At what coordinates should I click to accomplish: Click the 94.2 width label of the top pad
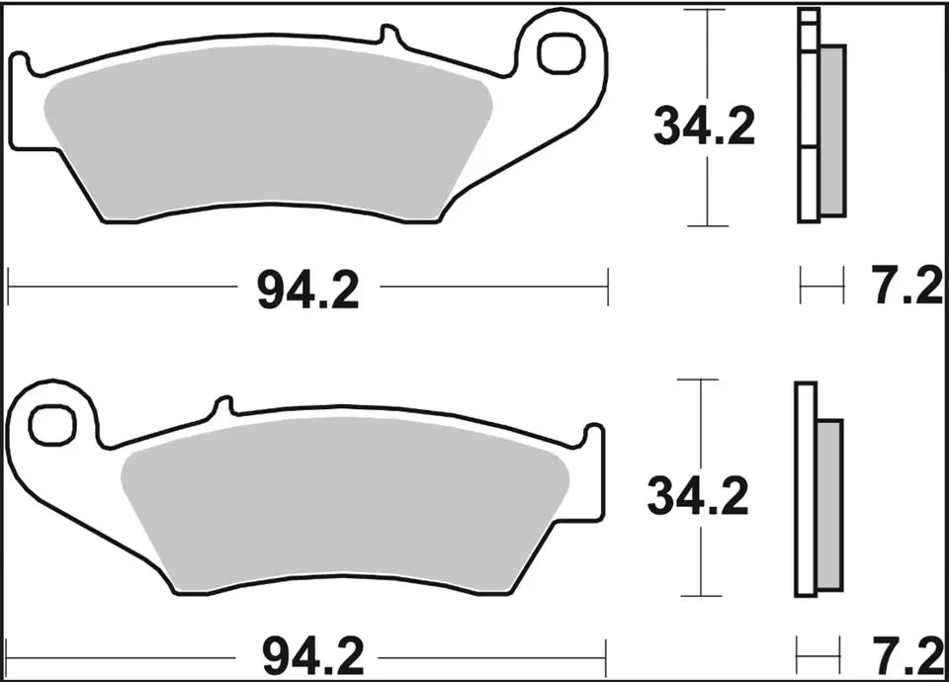[307, 290]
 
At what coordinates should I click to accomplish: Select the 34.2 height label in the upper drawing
[704, 128]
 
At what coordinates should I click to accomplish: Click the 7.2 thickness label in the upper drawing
[907, 290]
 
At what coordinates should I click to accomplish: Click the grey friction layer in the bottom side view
[829, 504]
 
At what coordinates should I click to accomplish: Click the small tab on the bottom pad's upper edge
[223, 404]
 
